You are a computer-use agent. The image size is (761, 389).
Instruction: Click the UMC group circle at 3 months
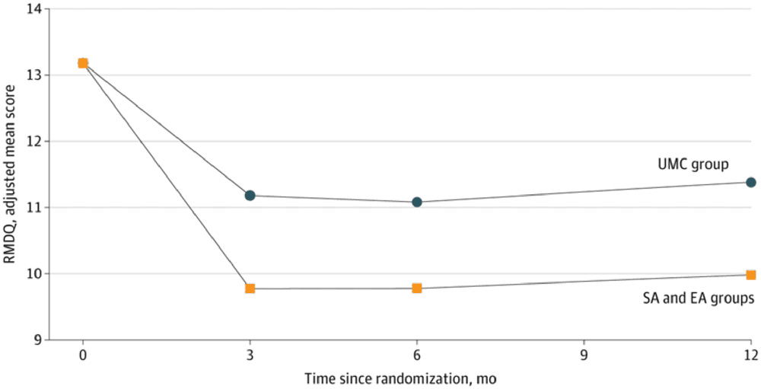pyautogui.click(x=250, y=196)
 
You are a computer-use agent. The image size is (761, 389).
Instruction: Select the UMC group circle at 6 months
pyautogui.click(x=417, y=202)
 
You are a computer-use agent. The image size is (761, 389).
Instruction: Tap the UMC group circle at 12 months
pyautogui.click(x=751, y=183)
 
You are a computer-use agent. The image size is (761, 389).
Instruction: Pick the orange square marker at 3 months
pyautogui.click(x=250, y=289)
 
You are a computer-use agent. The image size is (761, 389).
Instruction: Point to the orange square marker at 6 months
pyautogui.click(x=417, y=289)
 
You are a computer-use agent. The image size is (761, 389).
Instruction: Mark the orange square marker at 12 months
pyautogui.click(x=751, y=275)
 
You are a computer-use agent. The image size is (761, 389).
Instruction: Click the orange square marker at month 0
pyautogui.click(x=83, y=63)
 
